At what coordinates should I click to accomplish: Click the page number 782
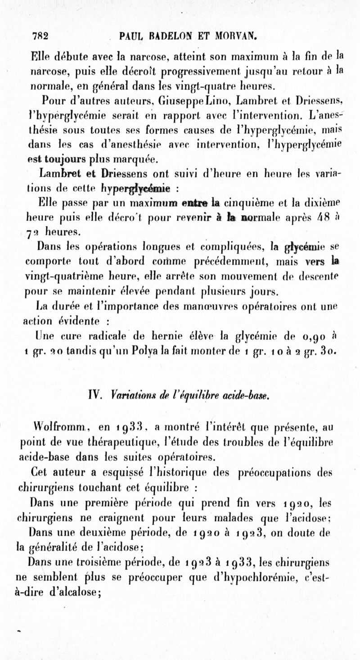pos(40,36)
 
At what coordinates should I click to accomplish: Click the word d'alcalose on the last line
pos(74,592)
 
